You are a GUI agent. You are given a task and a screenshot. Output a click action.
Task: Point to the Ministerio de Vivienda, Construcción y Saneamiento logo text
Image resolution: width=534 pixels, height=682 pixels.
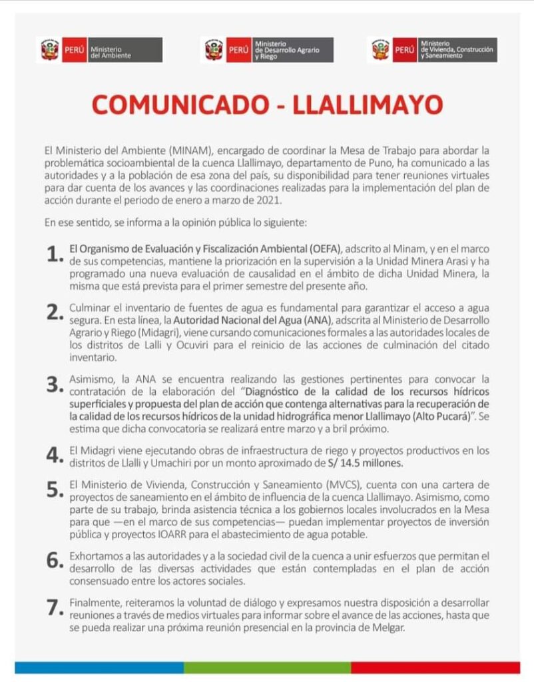pos(459,50)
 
